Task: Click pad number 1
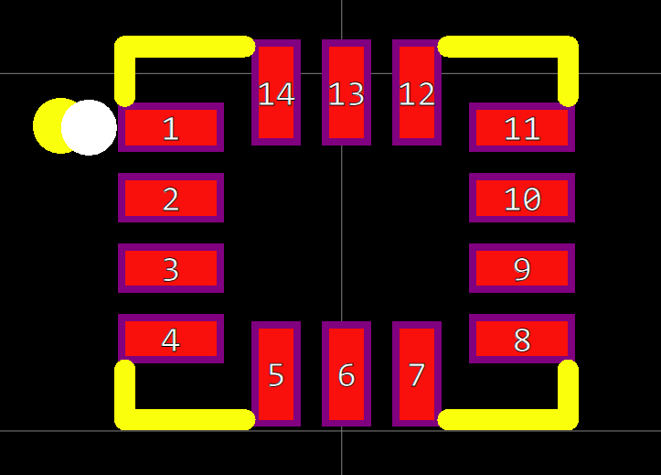171,127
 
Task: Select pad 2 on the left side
171,198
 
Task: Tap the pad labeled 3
171,268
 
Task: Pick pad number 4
171,339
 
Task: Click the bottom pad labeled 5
276,373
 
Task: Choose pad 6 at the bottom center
346,373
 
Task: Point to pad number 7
417,373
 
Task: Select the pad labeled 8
522,339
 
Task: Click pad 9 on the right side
522,268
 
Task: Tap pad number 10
522,198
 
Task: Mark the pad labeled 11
522,127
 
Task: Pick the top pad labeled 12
417,92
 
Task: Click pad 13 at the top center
346,92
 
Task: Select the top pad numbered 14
276,92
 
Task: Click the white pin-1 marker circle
90,127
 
